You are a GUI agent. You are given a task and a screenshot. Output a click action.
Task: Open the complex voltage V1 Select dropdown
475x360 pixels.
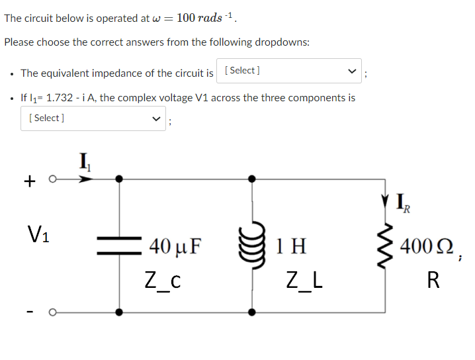click(x=93, y=118)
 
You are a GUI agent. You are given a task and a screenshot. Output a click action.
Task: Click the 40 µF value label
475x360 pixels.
click(x=175, y=248)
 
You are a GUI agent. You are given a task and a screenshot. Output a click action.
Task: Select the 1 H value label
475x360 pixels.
click(x=292, y=247)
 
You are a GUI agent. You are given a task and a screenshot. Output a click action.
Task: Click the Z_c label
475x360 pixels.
click(x=163, y=280)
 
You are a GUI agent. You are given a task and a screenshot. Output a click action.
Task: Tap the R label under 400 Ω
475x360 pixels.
click(x=433, y=281)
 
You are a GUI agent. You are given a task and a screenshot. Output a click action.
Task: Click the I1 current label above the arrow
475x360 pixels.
click(x=85, y=160)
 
